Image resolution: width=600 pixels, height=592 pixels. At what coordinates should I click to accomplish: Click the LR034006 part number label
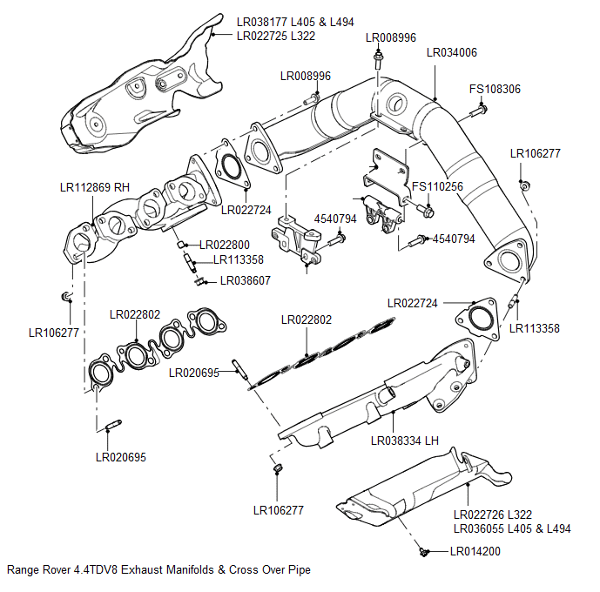[452, 52]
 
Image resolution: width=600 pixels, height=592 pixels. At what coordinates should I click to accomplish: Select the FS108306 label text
[495, 89]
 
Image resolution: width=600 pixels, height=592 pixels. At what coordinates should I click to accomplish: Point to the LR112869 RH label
[95, 187]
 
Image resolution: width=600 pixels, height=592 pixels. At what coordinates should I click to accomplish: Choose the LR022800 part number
[225, 245]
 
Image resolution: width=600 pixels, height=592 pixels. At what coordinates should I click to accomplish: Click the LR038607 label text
[246, 281]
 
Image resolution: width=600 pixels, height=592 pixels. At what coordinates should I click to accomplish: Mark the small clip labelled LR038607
[199, 280]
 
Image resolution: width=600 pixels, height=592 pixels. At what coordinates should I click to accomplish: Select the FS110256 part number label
[437, 186]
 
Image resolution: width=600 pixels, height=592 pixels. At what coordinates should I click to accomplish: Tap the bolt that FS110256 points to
[427, 211]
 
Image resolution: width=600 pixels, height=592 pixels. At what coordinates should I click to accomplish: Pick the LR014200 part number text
[475, 551]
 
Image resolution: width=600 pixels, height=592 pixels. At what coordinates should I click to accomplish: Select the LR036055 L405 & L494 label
[511, 529]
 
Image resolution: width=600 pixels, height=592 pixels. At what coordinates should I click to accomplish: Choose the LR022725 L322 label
[276, 36]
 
